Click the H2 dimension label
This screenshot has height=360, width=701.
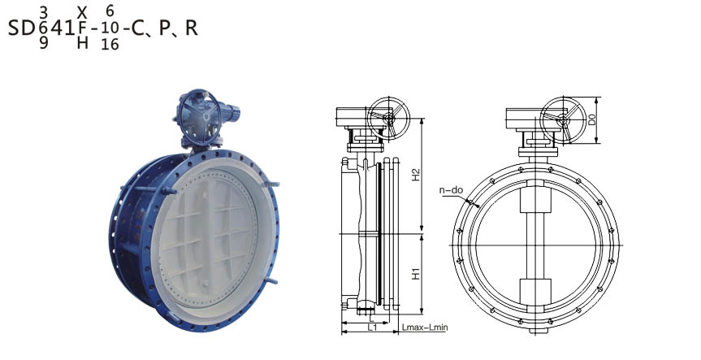[416, 175]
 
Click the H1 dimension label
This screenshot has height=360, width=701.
[416, 274]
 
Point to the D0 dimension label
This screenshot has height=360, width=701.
[592, 119]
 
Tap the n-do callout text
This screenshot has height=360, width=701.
[451, 190]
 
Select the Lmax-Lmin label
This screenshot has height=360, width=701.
[425, 327]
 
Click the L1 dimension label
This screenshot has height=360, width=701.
[372, 327]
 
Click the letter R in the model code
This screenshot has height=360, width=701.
[192, 28]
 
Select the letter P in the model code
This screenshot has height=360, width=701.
[165, 28]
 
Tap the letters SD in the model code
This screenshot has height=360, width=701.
[21, 28]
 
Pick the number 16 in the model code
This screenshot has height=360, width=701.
[110, 44]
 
